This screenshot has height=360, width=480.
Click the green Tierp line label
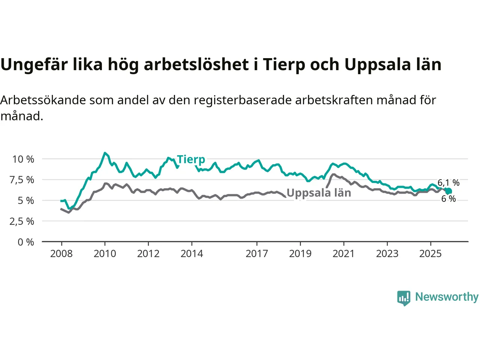[x=191, y=159]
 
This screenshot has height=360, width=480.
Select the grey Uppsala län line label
[x=319, y=193]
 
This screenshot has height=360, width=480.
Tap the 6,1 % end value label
[x=448, y=183]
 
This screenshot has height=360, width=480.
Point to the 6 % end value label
[x=448, y=199]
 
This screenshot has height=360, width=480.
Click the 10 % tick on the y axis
[x=23, y=159]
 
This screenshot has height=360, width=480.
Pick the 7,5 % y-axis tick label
[x=22, y=180]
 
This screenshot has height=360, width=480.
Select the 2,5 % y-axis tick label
[x=22, y=221]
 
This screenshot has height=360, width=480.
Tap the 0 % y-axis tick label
[x=26, y=242]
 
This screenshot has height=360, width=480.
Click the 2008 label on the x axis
[x=61, y=254]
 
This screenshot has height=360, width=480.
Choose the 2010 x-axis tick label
[x=105, y=254]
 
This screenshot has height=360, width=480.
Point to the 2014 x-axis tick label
[x=192, y=254]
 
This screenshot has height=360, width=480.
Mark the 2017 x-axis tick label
[x=257, y=254]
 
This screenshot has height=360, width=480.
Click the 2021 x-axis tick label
[x=343, y=254]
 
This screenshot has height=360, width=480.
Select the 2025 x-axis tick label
[x=430, y=254]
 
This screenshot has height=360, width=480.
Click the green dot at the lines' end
[x=448, y=191]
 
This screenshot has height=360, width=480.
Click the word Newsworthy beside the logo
[x=447, y=297]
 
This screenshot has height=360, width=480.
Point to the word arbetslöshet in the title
[x=196, y=64]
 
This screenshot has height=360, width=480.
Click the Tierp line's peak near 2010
[x=105, y=153]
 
